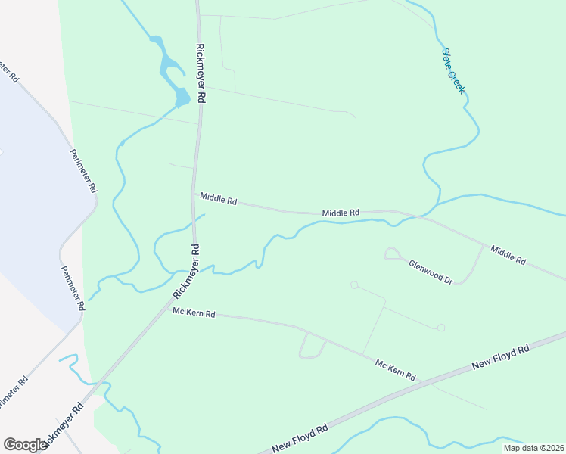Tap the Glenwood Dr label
[431, 272]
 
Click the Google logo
[25, 445]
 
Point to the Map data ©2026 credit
[532, 448]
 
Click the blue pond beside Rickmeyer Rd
[182, 96]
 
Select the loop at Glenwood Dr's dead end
[392, 253]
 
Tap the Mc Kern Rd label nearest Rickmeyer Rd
[194, 313]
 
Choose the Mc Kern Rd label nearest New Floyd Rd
[396, 370]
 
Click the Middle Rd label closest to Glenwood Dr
[508, 254]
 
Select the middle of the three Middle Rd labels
[340, 213]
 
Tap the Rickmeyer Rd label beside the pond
[201, 73]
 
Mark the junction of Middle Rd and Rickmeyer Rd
[194, 194]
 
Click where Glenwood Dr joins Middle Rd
[483, 245]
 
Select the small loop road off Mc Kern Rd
[311, 347]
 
